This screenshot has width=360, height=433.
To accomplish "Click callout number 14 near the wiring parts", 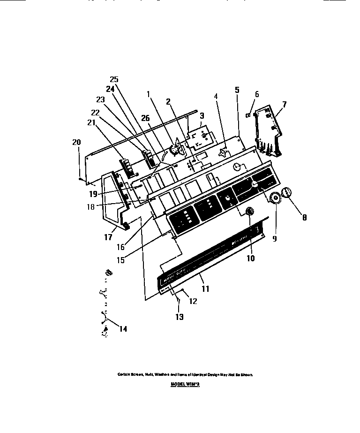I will [123, 329].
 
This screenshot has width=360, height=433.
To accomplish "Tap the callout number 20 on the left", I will [77, 142].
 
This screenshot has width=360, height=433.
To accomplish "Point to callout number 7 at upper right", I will [284, 104].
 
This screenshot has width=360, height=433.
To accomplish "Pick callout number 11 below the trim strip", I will [205, 289].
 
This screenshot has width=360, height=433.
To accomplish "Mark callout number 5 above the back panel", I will [237, 90].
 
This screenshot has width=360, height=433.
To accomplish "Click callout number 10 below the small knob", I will [251, 258].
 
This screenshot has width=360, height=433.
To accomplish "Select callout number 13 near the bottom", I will [180, 317].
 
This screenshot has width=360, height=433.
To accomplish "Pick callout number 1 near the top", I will [149, 93].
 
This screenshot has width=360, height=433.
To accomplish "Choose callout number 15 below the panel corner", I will [120, 259].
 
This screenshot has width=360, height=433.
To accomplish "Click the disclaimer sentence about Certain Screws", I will [186, 374].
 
